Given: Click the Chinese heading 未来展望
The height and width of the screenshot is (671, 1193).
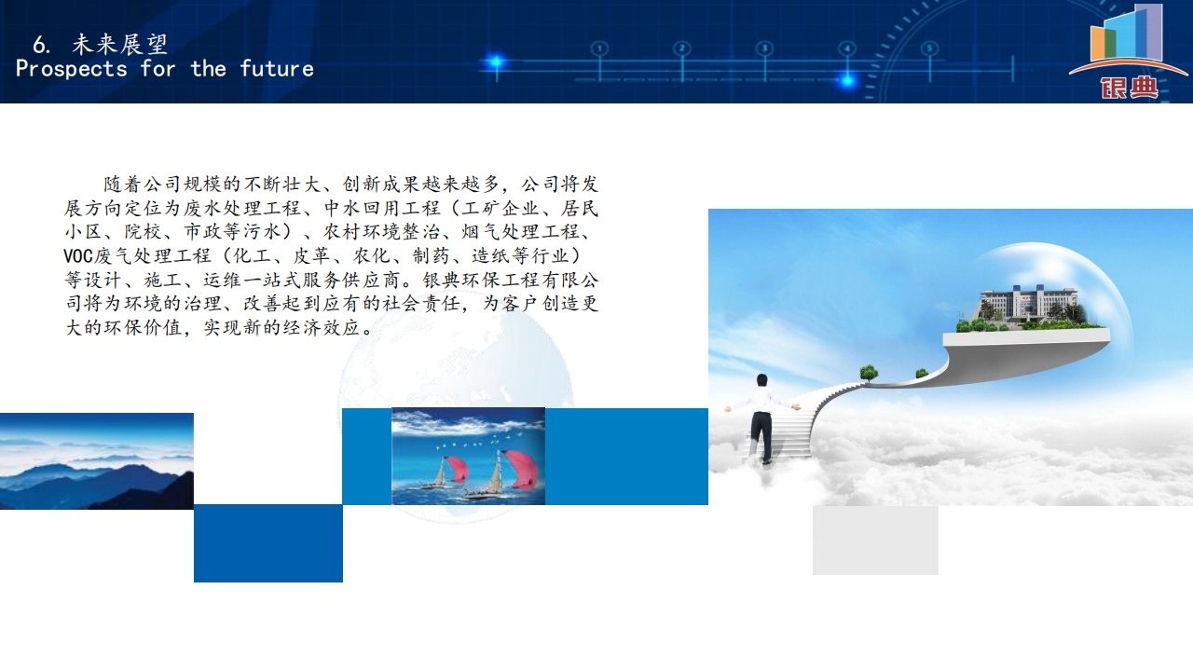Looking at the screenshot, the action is (120, 44).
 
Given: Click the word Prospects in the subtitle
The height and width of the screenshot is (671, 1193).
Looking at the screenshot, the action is (72, 69).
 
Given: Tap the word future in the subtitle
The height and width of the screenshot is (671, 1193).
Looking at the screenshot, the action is (277, 69).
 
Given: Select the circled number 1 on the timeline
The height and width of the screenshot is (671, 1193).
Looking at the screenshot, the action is (599, 48).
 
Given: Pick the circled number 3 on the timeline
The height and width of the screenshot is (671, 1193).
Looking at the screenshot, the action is (765, 48).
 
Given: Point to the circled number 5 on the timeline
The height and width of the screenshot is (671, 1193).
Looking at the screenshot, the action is (930, 48).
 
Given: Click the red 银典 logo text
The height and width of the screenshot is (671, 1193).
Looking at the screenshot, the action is (1129, 88).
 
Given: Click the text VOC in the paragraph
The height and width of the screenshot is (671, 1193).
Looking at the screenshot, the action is (78, 256).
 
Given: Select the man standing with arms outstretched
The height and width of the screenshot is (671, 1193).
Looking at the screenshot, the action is (762, 418).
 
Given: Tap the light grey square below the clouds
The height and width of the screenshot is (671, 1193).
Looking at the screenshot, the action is (875, 540).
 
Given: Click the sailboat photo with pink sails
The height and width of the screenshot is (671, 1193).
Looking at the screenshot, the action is (468, 456).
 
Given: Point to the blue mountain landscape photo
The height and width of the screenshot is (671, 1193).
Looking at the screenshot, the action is (96, 461).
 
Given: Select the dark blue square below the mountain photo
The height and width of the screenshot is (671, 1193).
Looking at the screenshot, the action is (267, 543).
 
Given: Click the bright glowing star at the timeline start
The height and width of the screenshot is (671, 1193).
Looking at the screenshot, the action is (497, 62).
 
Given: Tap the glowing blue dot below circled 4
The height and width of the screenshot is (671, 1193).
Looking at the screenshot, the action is (847, 81).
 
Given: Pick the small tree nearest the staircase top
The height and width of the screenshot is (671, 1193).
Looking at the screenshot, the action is (869, 372).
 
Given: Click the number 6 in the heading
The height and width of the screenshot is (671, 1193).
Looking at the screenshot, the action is (40, 46).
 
